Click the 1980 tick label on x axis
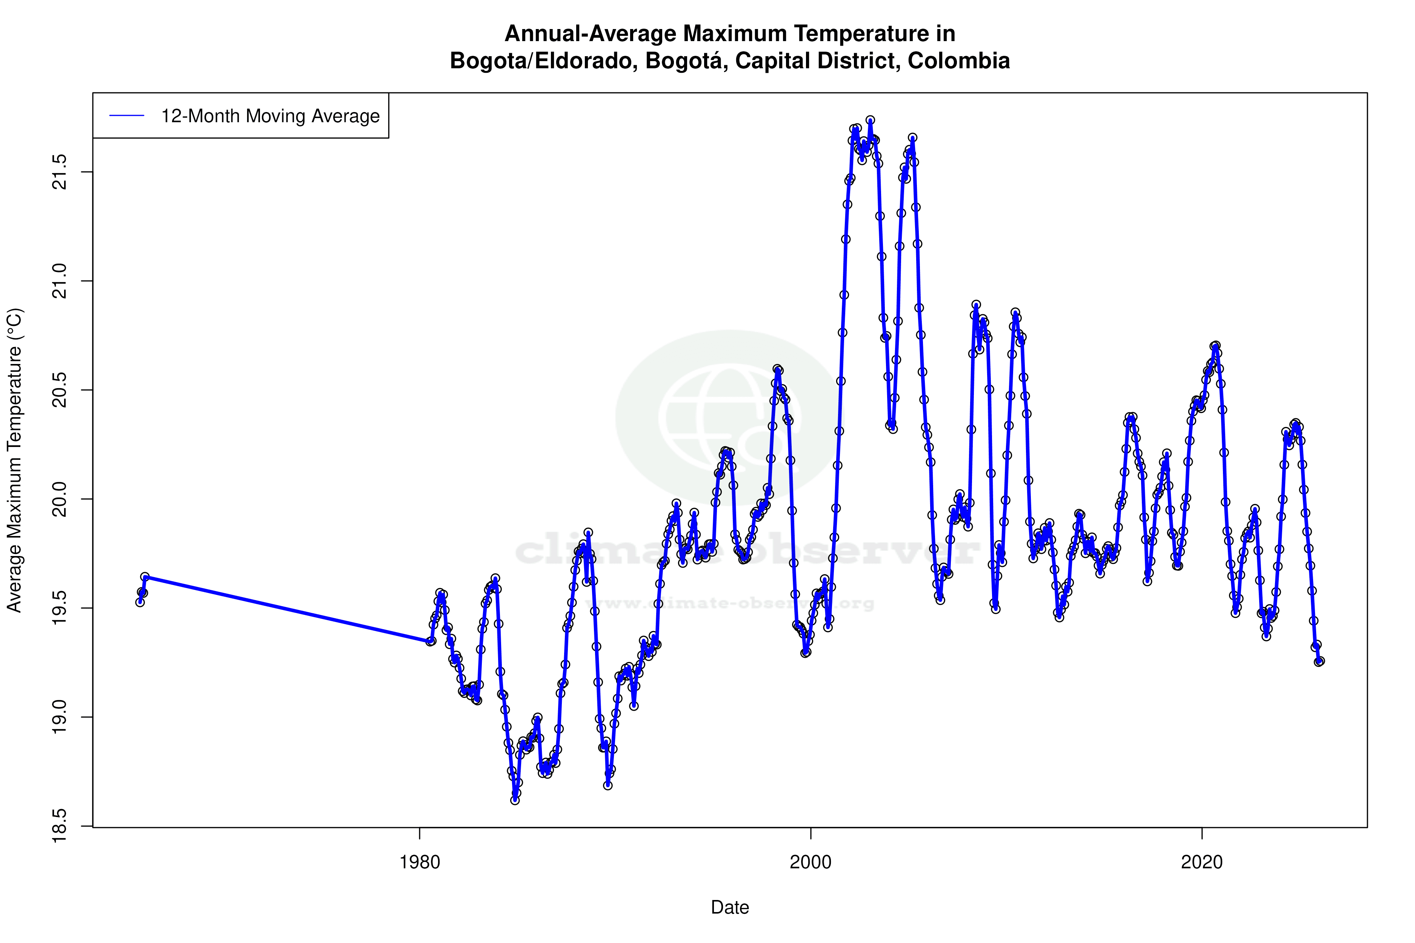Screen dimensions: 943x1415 [419, 862]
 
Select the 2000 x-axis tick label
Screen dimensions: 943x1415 [811, 862]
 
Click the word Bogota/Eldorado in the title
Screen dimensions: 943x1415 [544, 61]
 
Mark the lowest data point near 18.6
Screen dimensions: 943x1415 [515, 800]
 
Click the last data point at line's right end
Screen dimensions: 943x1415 [1320, 661]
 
